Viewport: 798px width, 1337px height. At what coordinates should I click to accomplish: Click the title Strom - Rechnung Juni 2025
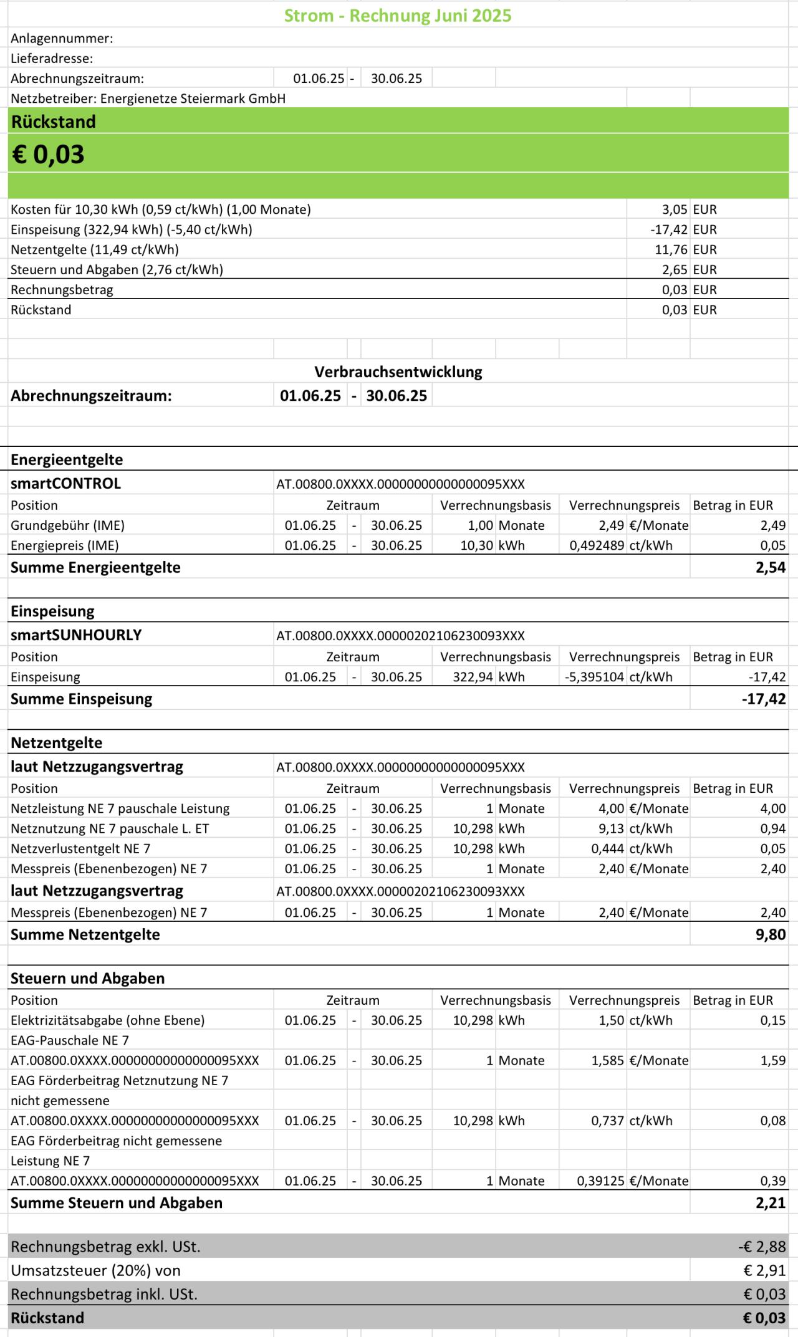pyautogui.click(x=398, y=16)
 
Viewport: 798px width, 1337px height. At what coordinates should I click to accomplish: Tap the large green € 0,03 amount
pyautogui.click(x=48, y=155)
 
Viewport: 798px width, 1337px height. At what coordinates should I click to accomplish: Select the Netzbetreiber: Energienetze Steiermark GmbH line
pyautogui.click(x=148, y=98)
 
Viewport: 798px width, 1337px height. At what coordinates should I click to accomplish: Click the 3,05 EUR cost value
pyautogui.click(x=675, y=209)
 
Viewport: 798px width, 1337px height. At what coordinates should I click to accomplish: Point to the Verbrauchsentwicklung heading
pyautogui.click(x=398, y=372)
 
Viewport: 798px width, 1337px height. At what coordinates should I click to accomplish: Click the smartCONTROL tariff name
pyautogui.click(x=65, y=484)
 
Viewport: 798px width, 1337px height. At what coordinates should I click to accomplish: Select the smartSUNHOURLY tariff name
pyautogui.click(x=76, y=635)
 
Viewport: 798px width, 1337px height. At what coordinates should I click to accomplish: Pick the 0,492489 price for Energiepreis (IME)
pyautogui.click(x=597, y=545)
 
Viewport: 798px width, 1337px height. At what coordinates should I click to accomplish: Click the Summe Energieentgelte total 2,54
pyautogui.click(x=771, y=568)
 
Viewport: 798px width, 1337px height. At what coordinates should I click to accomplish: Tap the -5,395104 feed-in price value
pyautogui.click(x=594, y=677)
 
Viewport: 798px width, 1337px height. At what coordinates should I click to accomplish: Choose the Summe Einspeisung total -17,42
pyautogui.click(x=764, y=699)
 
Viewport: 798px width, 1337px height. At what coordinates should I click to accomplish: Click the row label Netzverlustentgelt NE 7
pyautogui.click(x=80, y=849)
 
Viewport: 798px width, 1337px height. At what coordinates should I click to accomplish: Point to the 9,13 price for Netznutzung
pyautogui.click(x=612, y=829)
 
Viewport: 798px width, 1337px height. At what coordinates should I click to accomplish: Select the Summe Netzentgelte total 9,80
pyautogui.click(x=771, y=935)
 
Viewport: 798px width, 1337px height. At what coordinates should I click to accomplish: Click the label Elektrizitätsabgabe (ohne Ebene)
pyautogui.click(x=107, y=1020)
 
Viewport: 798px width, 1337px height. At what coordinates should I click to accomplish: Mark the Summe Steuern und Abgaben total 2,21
pyautogui.click(x=771, y=1203)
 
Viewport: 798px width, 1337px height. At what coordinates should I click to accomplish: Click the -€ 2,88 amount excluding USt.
pyautogui.click(x=762, y=1247)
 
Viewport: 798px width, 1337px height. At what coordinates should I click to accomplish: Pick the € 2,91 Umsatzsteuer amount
pyautogui.click(x=764, y=1271)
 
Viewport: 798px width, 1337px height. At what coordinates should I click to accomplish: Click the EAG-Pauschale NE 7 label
pyautogui.click(x=70, y=1040)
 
